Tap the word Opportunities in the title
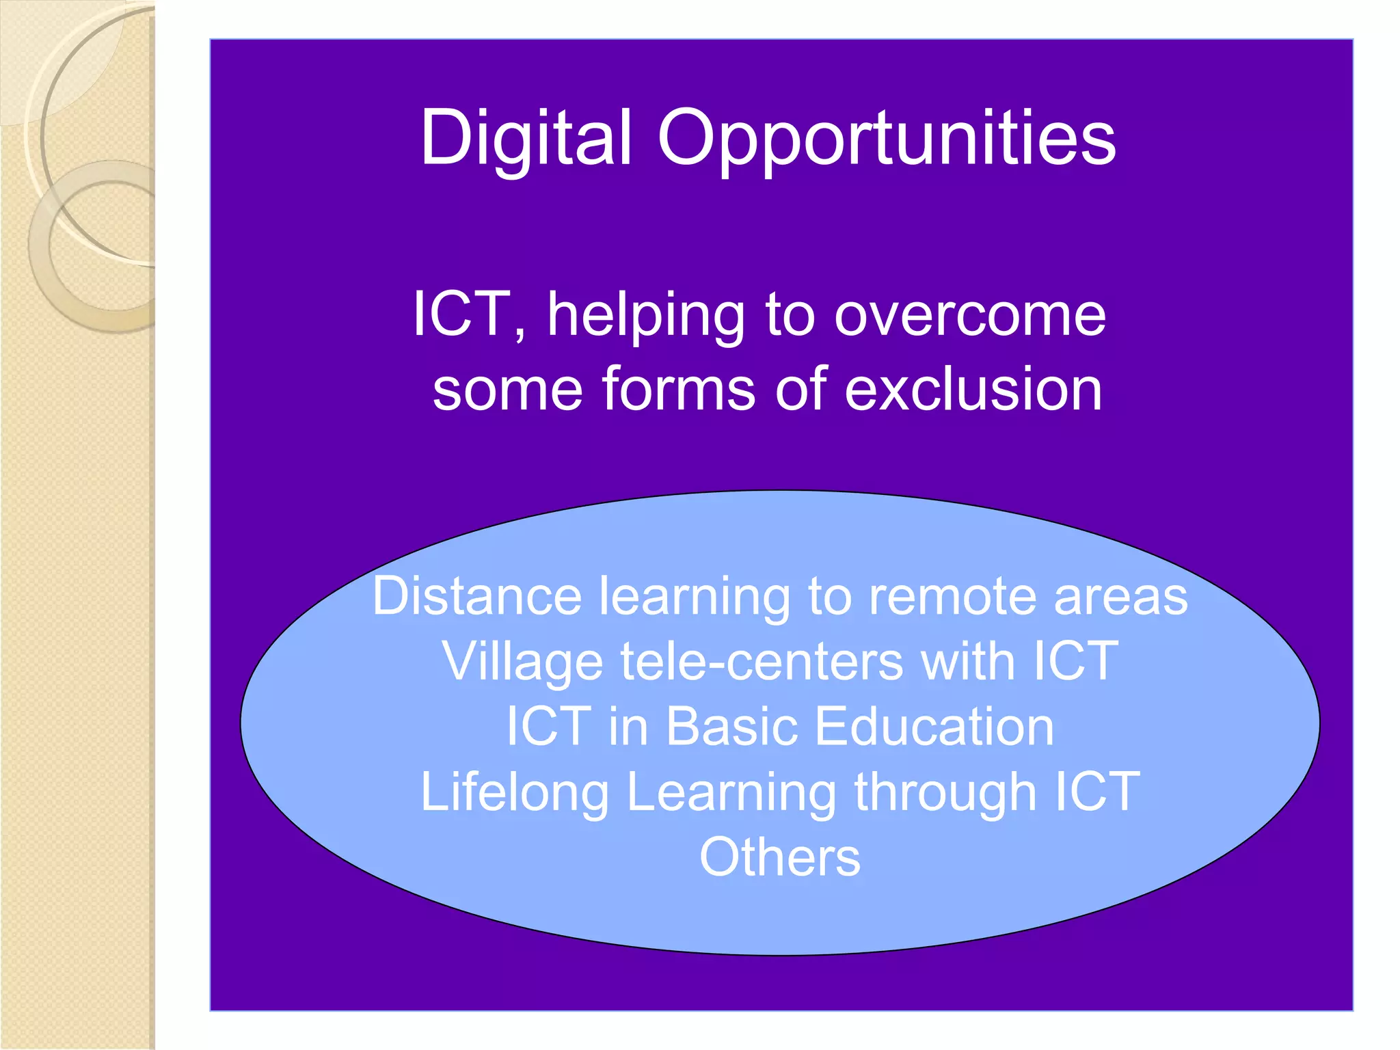tap(887, 138)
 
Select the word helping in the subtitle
tap(645, 315)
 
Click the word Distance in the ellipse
tap(476, 596)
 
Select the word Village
tap(523, 662)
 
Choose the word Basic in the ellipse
tap(731, 726)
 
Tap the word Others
tap(779, 857)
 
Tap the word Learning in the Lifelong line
tap(731, 792)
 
